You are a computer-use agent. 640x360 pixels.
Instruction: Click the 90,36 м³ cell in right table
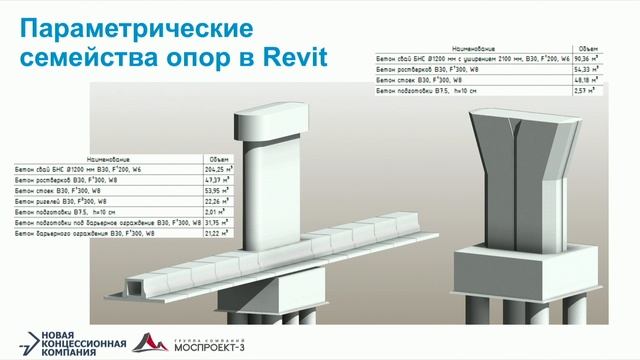[x=587, y=58]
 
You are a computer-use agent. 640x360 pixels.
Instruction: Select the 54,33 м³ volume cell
[x=587, y=69]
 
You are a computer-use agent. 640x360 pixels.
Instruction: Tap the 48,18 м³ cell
[x=587, y=80]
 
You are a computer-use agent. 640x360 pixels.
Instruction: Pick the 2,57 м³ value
[x=587, y=91]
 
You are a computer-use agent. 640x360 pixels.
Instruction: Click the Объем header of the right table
[x=587, y=47]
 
